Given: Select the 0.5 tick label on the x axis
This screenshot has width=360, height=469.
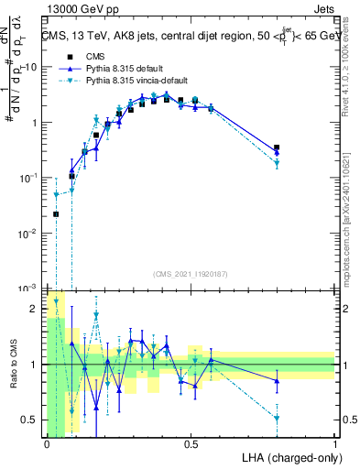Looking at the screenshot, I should point(191,444).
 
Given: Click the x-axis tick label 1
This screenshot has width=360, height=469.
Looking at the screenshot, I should point(335,444).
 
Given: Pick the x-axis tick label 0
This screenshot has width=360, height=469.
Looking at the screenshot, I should point(47,444).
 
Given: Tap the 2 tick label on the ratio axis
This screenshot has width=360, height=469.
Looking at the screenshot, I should point(35,309).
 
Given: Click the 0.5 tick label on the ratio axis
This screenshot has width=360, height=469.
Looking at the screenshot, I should point(31,420).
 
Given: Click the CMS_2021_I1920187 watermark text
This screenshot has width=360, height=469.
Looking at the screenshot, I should point(191,273).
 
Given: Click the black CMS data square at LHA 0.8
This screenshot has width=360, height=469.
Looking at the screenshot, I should point(277,147).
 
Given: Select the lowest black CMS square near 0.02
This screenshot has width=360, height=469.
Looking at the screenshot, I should point(55,214).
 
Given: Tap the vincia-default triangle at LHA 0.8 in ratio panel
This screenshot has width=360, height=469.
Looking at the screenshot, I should point(277,418).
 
